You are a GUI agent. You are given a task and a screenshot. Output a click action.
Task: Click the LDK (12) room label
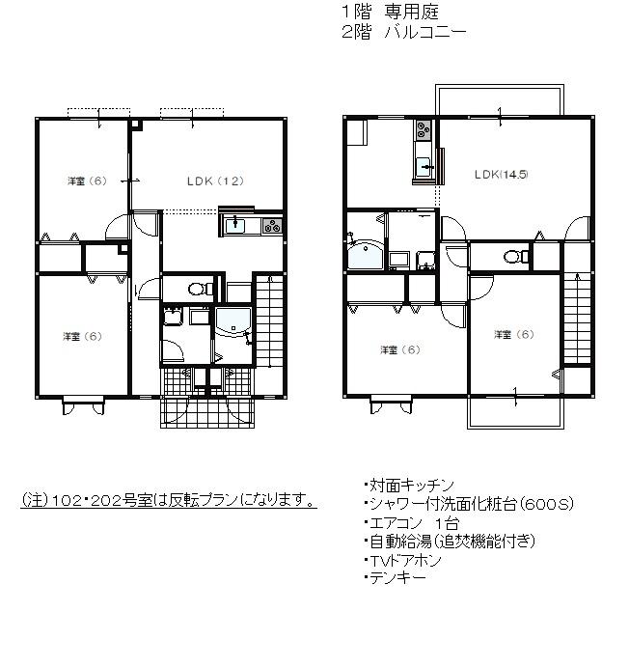(213, 181)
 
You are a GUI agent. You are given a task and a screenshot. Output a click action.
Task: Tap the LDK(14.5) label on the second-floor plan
(501, 175)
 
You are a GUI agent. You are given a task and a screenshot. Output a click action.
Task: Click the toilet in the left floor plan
(198, 288)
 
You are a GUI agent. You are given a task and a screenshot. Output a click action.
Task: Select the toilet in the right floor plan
(514, 257)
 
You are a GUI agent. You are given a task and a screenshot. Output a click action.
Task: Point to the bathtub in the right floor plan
(365, 255)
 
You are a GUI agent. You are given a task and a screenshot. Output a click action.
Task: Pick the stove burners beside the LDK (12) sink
(271, 227)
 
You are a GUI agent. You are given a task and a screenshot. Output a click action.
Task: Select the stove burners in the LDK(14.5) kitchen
(424, 131)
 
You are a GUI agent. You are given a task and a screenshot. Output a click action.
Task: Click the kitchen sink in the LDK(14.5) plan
(423, 166)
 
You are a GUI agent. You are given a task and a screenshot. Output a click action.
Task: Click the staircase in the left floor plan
(268, 318)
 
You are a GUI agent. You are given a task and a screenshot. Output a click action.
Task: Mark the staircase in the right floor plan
(576, 318)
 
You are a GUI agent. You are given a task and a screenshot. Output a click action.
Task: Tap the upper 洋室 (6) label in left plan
(85, 181)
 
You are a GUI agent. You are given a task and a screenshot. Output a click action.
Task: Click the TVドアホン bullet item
(404, 560)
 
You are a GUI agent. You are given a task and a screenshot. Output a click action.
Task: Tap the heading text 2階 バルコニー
(403, 32)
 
